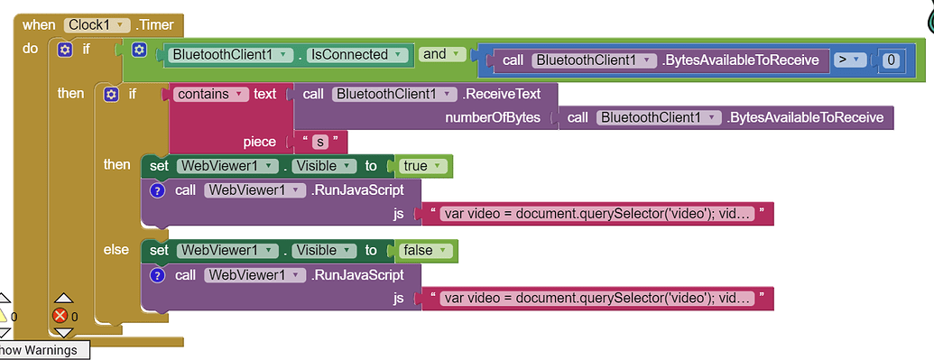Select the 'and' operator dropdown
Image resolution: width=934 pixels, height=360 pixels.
pos(441,54)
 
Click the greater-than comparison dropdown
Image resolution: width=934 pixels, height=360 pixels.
pos(848,60)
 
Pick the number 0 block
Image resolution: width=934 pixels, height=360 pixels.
pos(891,60)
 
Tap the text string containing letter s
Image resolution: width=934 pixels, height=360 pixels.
pos(317,142)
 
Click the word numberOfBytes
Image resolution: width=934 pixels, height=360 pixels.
pos(492,117)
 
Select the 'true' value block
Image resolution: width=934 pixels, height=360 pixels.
pos(421,166)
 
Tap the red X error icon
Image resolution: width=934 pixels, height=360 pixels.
pos(60,316)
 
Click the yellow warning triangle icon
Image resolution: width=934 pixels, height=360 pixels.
pos(3,316)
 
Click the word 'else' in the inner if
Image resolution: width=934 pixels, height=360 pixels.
pos(116,250)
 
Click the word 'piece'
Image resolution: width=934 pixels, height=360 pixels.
pos(260,142)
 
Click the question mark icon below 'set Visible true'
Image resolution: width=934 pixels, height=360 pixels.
pos(157,190)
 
